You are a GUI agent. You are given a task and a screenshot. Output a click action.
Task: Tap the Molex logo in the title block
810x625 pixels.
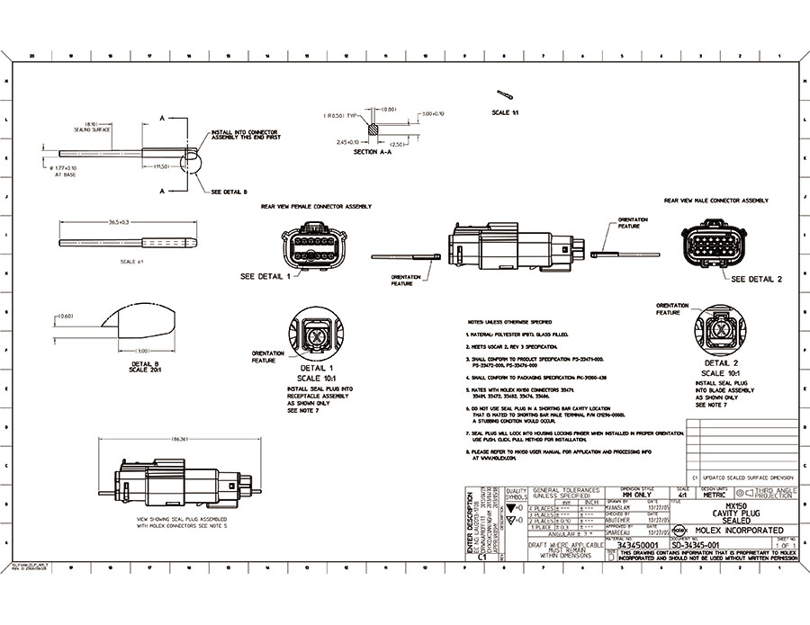(679, 531)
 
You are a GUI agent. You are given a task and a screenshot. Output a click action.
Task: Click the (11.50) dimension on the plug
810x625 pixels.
(162, 166)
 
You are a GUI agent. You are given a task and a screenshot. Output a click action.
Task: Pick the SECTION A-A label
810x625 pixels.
(365, 151)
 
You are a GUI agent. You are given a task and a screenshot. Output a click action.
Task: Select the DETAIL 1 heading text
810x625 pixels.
(316, 368)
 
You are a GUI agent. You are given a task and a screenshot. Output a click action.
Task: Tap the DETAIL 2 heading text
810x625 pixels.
(722, 363)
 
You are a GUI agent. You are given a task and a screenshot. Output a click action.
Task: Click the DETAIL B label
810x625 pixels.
(144, 362)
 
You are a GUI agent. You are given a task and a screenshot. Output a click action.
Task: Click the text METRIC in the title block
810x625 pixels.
(713, 493)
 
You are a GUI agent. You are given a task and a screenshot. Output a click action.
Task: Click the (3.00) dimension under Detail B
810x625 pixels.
(141, 351)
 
